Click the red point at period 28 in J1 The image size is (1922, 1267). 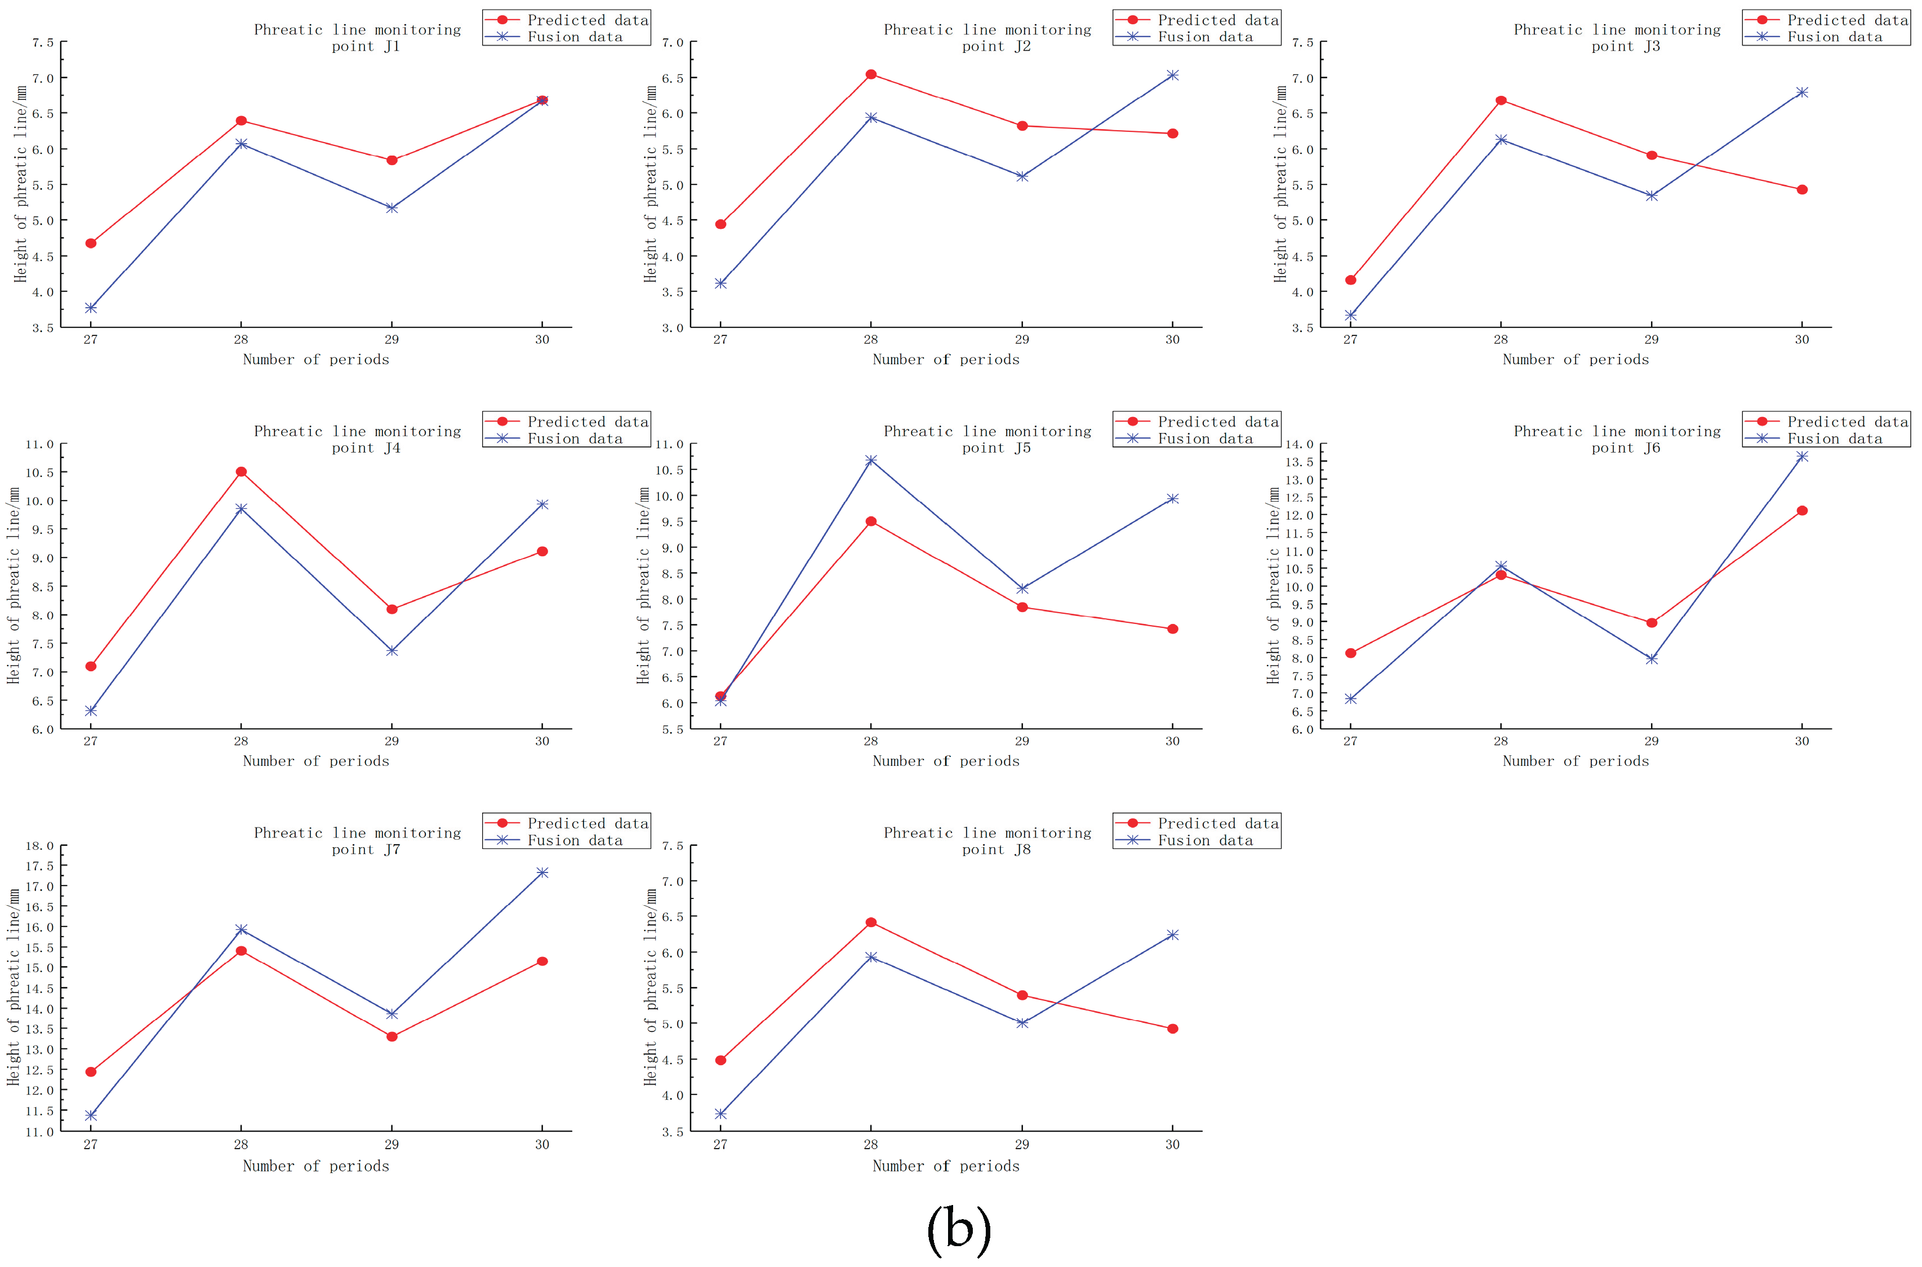(x=241, y=121)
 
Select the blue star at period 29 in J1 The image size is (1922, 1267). (x=391, y=207)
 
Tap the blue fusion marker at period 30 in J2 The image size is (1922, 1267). (x=1173, y=75)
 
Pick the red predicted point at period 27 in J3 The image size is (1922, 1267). (x=1350, y=280)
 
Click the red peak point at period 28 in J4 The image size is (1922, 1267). (x=241, y=471)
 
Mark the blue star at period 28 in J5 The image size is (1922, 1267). (x=870, y=460)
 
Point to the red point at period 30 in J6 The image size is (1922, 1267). (x=1801, y=510)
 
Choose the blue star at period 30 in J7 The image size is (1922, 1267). (x=542, y=872)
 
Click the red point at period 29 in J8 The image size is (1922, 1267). (x=1022, y=995)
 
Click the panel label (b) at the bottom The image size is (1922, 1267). (x=959, y=1229)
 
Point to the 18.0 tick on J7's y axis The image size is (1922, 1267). (x=39, y=845)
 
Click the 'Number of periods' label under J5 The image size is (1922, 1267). (x=946, y=760)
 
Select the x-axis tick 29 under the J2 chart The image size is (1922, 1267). (x=1022, y=339)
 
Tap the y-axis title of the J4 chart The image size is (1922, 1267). (x=13, y=585)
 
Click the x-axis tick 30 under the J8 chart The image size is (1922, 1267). (x=1173, y=1144)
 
